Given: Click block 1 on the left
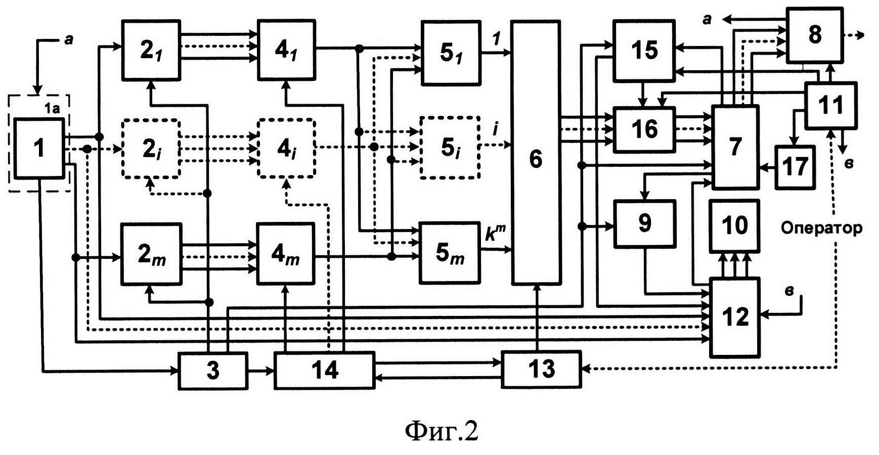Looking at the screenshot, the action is click(39, 148).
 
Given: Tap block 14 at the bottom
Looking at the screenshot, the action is click(324, 371).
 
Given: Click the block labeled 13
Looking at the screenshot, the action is click(541, 370).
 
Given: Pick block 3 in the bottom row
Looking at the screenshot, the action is click(213, 371).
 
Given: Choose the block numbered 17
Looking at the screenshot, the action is click(795, 166).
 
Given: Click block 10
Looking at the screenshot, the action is click(734, 225).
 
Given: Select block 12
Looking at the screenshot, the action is click(734, 317).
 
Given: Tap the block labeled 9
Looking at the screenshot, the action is click(645, 223).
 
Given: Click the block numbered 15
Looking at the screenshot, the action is click(644, 50).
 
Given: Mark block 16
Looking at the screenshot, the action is click(644, 129).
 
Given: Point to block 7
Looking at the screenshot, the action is click(735, 147).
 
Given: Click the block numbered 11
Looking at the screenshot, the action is click(830, 105).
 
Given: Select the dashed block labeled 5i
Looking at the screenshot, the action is click(450, 147).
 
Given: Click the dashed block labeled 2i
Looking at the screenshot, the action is click(150, 148).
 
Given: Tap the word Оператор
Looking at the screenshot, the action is click(821, 228).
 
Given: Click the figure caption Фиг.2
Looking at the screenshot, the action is click(442, 431).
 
